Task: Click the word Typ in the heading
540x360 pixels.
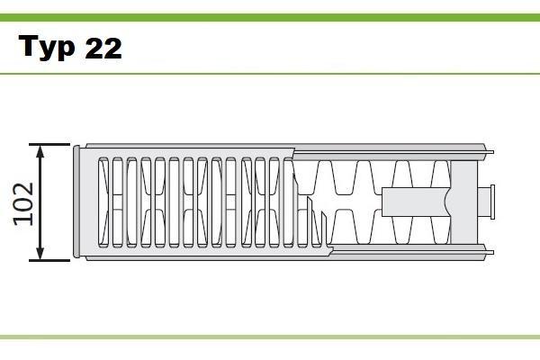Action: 47,48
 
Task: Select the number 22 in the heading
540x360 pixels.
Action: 103,48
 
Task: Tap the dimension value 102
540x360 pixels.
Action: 23,204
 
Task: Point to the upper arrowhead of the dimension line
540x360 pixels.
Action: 40,151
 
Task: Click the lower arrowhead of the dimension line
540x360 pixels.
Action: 40,253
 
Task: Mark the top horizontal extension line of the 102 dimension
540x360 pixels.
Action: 49,144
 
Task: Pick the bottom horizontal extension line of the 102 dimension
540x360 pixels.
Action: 49,260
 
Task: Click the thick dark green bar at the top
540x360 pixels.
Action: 270,18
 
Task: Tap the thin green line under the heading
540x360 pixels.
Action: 270,74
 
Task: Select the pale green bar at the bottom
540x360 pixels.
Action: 270,337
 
